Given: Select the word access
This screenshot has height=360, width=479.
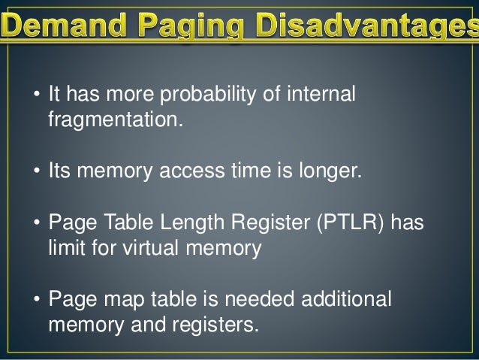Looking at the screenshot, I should pos(190,173).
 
